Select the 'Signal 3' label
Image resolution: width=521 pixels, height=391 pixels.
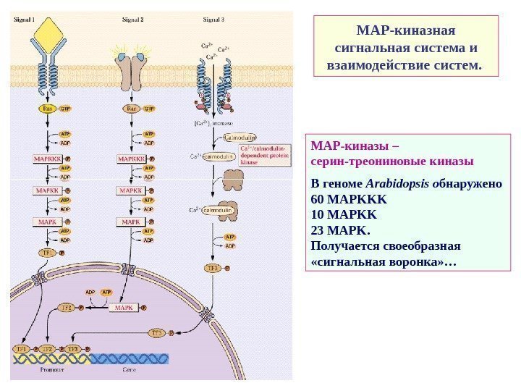[x=213, y=20]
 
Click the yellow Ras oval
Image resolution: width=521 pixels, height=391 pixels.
[x=47, y=109]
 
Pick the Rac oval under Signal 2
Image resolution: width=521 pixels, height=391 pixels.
[x=131, y=109]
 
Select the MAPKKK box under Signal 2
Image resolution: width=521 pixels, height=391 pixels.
[x=130, y=157]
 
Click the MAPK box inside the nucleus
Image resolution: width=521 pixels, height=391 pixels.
[x=124, y=308]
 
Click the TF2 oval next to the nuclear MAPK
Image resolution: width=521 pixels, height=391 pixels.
[x=67, y=308]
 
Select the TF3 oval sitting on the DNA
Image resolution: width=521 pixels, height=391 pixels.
[x=73, y=349]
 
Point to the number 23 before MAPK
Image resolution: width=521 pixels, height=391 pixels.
[x=317, y=231]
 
